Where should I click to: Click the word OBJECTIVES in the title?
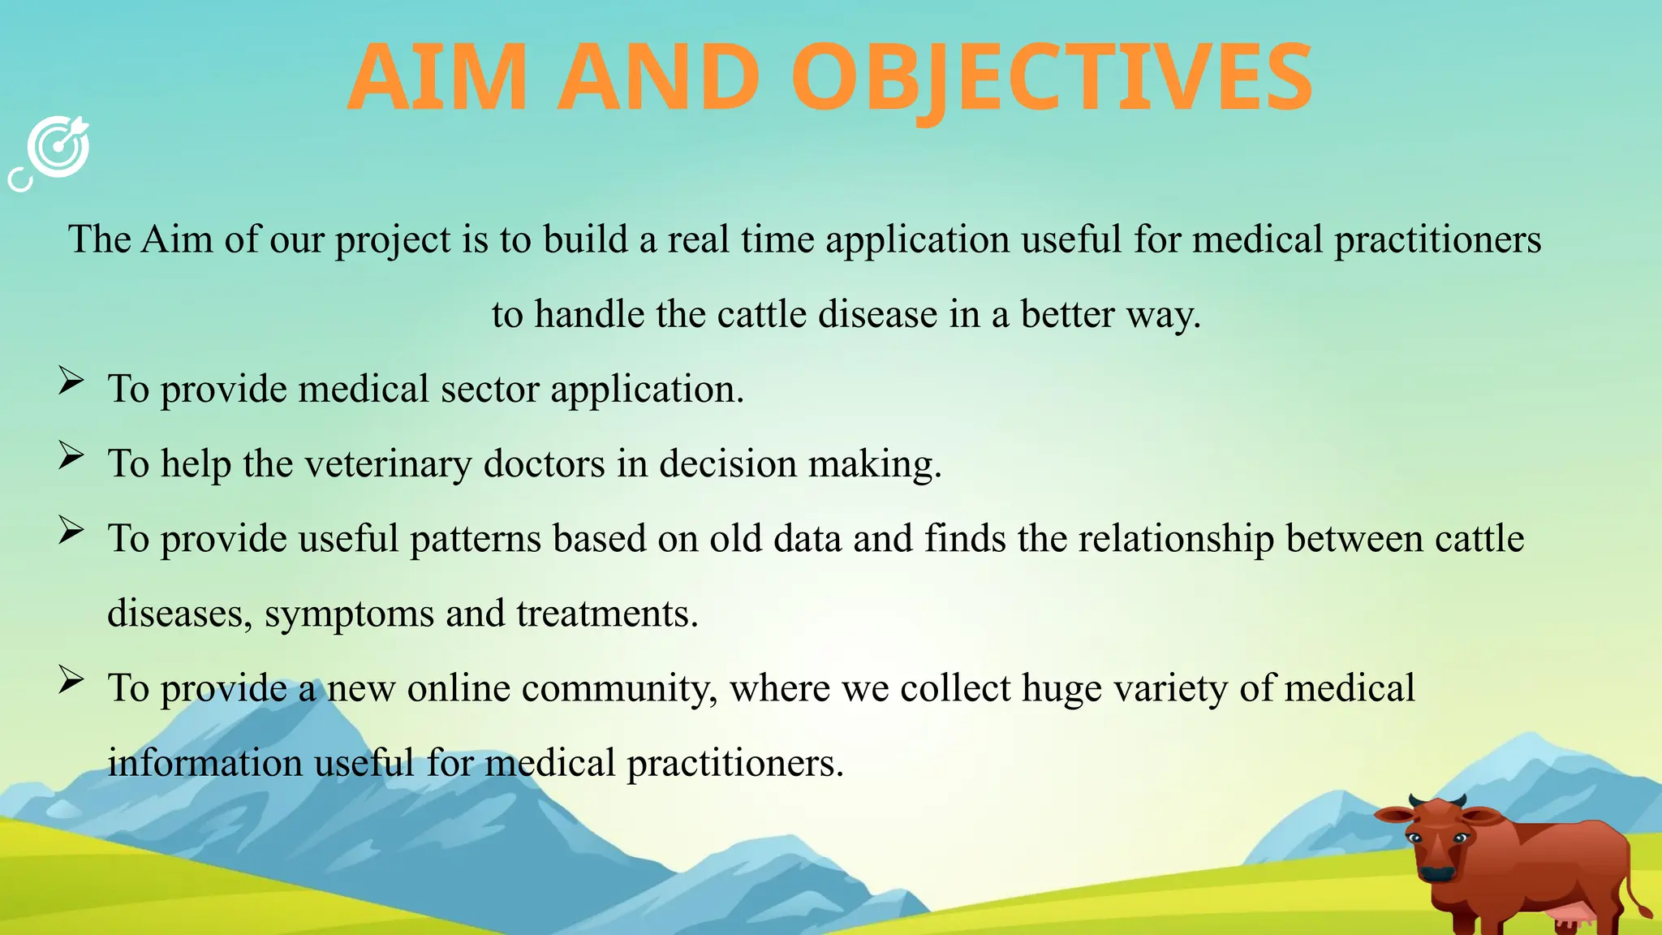tap(1052, 79)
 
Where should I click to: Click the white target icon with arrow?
tap(57, 149)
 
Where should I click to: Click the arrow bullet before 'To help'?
tap(71, 456)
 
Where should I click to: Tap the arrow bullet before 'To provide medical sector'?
tap(71, 381)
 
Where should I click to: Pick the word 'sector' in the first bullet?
tap(489, 390)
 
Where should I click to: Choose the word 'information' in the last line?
tap(205, 763)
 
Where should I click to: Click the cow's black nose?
tap(1438, 874)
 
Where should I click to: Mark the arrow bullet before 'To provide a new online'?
tap(71, 680)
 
